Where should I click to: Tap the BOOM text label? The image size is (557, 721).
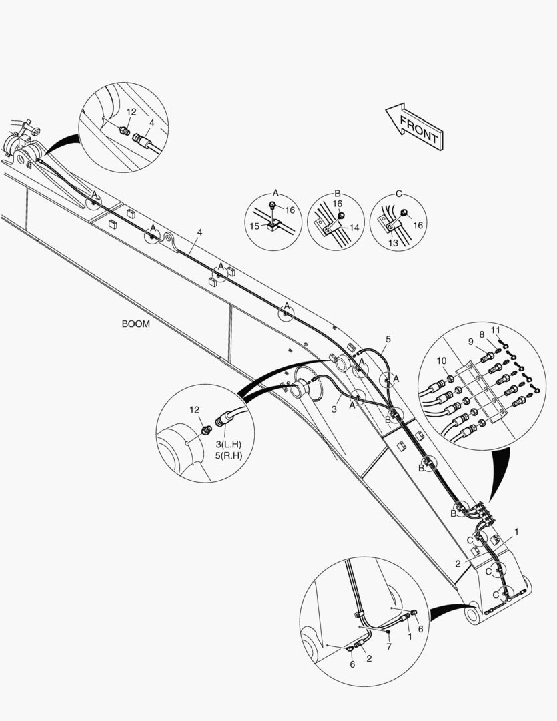[135, 324]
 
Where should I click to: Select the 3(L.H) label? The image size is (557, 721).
[228, 445]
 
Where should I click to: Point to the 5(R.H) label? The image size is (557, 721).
[228, 456]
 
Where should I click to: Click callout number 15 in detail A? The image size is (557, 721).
[254, 226]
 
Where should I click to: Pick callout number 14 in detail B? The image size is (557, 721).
[354, 228]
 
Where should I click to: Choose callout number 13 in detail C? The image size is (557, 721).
[393, 244]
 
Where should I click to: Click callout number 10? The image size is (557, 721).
[441, 361]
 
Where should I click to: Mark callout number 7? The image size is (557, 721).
[389, 646]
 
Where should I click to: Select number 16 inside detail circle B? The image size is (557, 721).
[338, 203]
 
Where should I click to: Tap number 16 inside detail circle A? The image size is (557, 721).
[290, 210]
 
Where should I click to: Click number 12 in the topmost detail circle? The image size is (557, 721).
[131, 112]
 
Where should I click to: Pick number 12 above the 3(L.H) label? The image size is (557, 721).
[194, 409]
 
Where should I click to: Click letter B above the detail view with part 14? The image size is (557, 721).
[337, 193]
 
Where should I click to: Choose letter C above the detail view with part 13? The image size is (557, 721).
[398, 193]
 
